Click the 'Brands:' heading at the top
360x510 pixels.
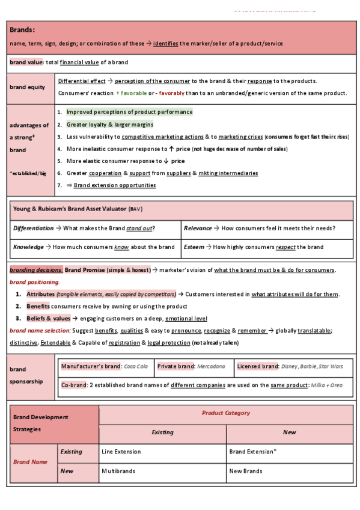pos(22,29)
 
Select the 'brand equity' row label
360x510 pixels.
pos(27,87)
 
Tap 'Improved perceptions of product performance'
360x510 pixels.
pos(129,112)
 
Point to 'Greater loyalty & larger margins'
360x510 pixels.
pos(109,124)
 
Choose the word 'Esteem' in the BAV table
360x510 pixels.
pos(195,247)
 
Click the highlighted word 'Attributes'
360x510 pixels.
pos(40,294)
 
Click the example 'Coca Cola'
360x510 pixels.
pos(135,366)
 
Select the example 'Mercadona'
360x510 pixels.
pos(212,366)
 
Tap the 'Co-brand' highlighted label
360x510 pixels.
pos(74,385)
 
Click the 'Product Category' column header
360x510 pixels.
pos(225,414)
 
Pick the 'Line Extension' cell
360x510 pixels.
pos(121,452)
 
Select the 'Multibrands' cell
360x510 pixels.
pos(118,472)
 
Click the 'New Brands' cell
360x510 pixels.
pos(245,472)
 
